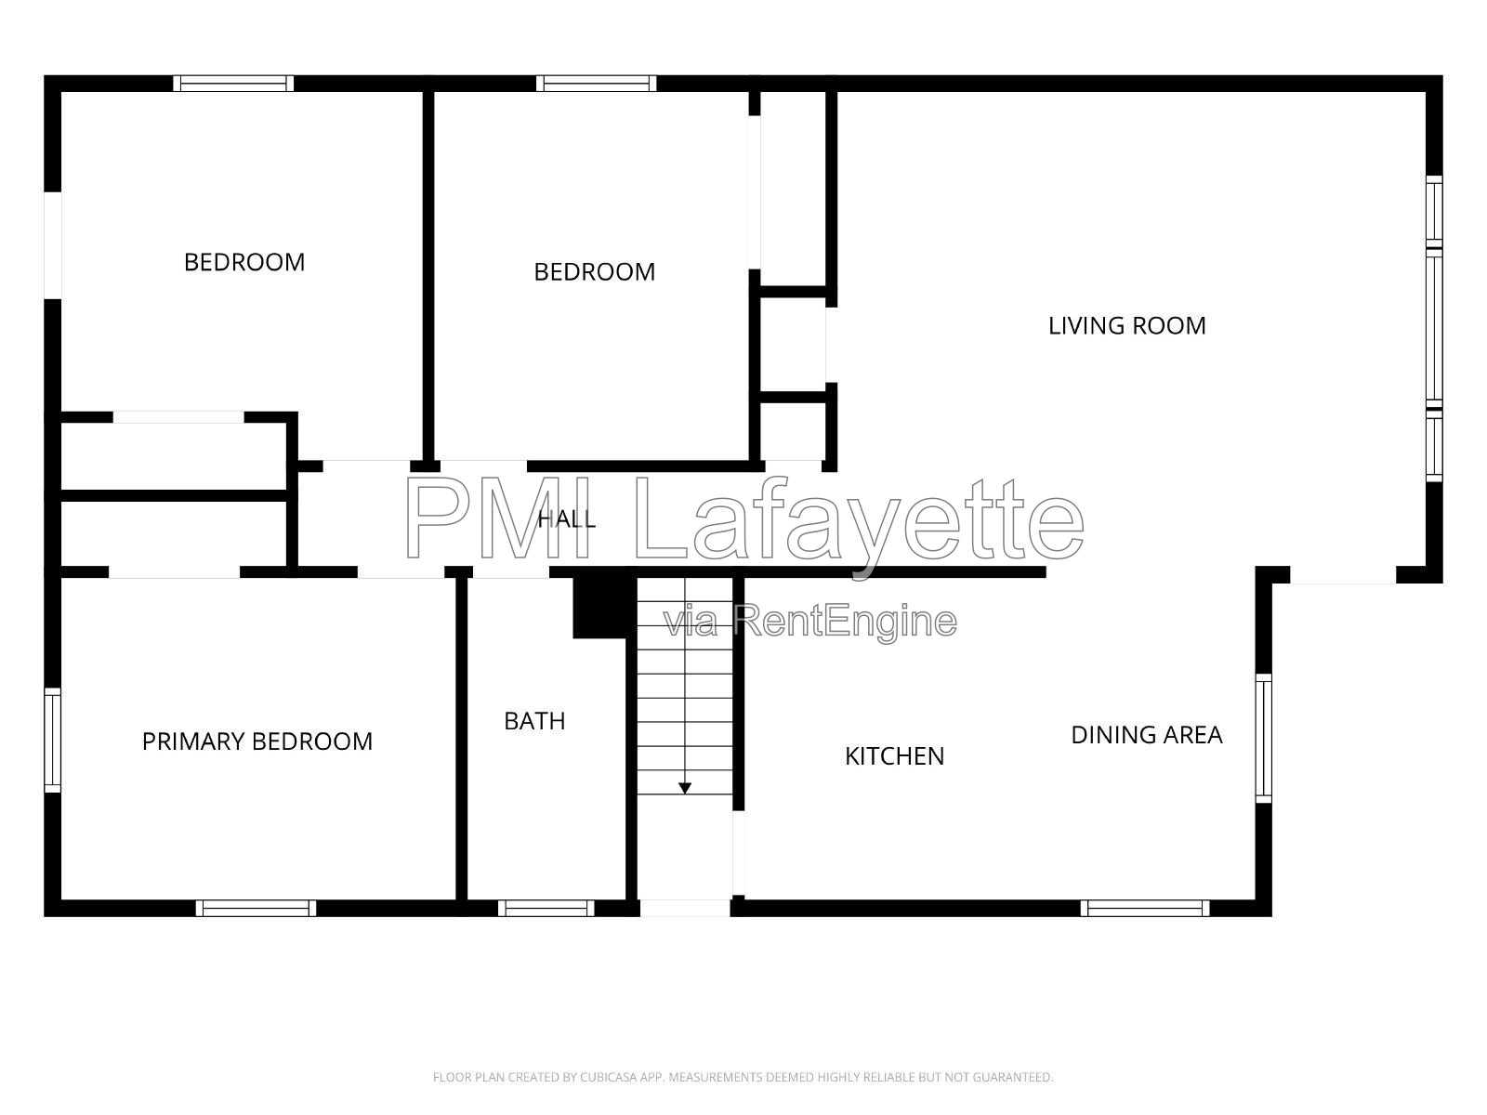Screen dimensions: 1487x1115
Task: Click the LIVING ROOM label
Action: pos(1126,325)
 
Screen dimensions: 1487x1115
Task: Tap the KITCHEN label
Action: pos(894,756)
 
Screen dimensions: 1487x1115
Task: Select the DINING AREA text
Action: pos(1146,735)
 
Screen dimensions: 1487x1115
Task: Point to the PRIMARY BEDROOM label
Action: pos(257,741)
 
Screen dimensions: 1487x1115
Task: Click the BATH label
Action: pos(534,721)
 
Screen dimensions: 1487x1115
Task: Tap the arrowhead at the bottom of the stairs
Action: pos(685,788)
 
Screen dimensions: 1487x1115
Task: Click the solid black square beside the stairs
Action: pos(599,608)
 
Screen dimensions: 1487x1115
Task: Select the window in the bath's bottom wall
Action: pos(546,908)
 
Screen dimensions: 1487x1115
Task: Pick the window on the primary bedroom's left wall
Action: pos(53,740)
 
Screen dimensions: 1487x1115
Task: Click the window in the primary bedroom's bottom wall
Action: pos(257,908)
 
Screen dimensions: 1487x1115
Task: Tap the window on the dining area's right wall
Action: pos(1263,738)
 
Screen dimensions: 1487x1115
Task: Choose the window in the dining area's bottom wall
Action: pos(1145,908)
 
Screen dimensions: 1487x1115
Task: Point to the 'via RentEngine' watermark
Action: pos(810,622)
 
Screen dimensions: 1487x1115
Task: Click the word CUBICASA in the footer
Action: pos(607,1077)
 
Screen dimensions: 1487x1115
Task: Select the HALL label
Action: pos(566,519)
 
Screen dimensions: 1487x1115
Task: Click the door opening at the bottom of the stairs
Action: pos(685,908)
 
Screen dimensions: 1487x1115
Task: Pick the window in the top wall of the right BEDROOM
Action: pos(596,84)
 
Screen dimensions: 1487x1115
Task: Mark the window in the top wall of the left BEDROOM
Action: pos(233,84)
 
